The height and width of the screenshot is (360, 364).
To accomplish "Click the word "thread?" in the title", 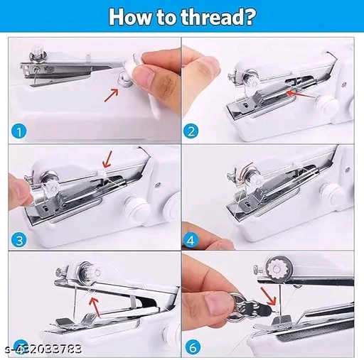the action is click(218, 17).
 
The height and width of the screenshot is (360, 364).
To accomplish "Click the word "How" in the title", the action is click(130, 17).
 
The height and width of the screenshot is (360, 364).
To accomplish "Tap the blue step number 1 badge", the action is click(19, 131).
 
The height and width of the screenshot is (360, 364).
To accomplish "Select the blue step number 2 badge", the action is click(191, 131).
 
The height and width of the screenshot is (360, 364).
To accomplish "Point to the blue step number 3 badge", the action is click(19, 241).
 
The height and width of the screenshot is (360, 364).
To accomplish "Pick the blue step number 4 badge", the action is click(191, 241).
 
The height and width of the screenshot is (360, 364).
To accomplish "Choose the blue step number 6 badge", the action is click(193, 347).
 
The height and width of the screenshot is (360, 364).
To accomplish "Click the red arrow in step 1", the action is click(112, 95).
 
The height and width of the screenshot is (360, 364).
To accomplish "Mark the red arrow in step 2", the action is click(301, 94).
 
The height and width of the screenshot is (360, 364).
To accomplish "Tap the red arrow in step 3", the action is click(107, 159).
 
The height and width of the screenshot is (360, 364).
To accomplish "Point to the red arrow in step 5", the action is click(95, 307).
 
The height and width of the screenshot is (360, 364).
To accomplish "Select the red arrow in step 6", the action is click(268, 296).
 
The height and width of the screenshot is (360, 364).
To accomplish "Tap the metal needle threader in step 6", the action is click(251, 307).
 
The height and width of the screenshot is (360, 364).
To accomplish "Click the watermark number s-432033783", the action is click(43, 349).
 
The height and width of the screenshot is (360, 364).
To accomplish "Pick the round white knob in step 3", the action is click(137, 208).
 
